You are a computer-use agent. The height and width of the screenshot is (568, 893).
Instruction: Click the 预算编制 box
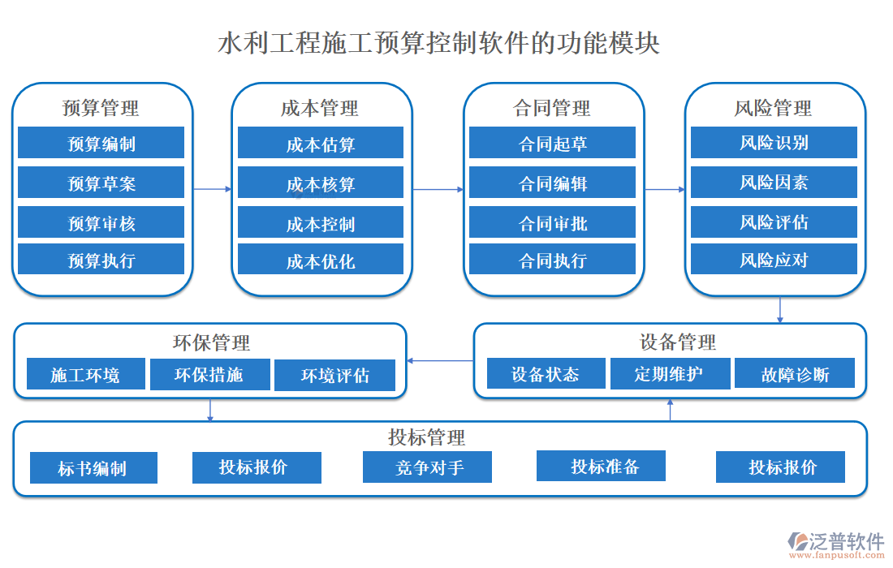[101, 144]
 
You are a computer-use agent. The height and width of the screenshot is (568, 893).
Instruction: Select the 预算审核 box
[101, 222]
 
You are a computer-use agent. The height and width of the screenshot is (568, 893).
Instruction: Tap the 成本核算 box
[320, 183]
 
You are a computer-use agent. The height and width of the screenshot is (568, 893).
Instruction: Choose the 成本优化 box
[320, 260]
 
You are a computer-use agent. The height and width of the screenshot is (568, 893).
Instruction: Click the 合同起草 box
[552, 144]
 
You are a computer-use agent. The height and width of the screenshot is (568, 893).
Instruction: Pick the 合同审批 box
[552, 222]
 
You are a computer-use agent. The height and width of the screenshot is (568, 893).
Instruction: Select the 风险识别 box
[774, 143]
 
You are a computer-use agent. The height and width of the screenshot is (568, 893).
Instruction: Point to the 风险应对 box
[774, 260]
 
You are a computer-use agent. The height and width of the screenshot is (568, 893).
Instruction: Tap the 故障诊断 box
[795, 374]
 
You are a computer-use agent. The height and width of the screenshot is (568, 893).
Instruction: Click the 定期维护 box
[669, 373]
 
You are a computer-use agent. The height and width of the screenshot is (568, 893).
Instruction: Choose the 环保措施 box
[209, 374]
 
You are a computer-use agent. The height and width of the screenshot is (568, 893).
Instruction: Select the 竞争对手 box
[427, 467]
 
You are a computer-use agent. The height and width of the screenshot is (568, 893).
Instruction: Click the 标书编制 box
[93, 468]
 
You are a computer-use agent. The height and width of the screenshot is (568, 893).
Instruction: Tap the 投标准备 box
[602, 466]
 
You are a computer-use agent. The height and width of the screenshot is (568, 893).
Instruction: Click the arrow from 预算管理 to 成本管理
[213, 190]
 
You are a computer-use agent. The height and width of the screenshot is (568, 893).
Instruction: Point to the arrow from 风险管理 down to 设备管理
[780, 310]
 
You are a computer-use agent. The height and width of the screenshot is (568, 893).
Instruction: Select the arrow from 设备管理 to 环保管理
[440, 360]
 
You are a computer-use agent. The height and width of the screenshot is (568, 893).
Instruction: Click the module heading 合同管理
[552, 108]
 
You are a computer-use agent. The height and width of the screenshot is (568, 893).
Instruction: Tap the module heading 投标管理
[427, 437]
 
